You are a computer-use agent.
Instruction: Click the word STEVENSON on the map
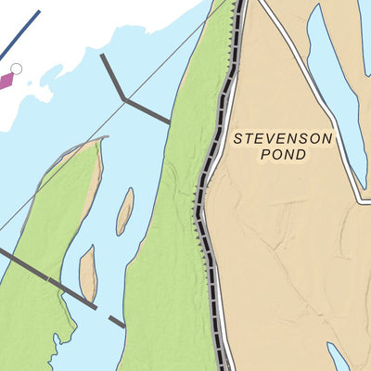point(283,138)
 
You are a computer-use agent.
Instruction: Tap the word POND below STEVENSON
point(283,156)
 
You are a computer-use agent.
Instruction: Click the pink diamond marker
point(6,81)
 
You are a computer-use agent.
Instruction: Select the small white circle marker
point(16,68)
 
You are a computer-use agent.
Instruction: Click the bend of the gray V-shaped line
point(123,97)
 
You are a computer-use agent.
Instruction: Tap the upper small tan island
point(124,211)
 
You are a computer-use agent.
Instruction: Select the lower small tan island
point(88,273)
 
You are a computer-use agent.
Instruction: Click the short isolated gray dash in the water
point(116,321)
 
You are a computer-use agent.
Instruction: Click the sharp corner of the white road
point(362,199)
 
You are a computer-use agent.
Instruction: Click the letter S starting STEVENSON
point(237,138)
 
